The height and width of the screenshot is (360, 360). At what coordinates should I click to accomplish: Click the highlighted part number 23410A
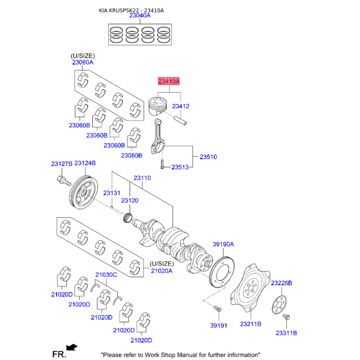pos(168,81)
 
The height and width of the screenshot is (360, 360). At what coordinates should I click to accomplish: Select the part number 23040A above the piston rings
pos(140,15)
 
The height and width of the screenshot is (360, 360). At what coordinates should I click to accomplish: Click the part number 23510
pos(208,157)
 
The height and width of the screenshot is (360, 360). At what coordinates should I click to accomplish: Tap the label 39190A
pos(224,244)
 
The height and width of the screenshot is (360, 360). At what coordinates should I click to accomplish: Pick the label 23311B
pos(287,333)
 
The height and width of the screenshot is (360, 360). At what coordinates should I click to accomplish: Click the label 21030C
pos(106,274)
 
